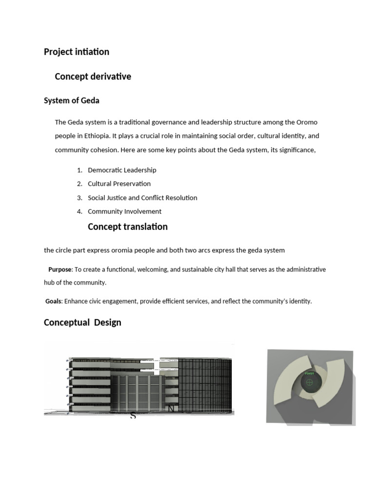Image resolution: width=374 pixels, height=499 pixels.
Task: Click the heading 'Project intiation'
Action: click(x=76, y=52)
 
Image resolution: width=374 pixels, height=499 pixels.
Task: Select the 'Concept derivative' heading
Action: click(x=93, y=77)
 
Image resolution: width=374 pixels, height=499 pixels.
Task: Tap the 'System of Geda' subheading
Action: click(x=72, y=101)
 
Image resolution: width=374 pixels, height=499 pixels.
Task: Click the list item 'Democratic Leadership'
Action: click(x=122, y=170)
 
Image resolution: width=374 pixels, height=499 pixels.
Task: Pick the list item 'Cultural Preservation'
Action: click(x=119, y=184)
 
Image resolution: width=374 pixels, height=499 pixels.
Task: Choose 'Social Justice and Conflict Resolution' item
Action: click(x=142, y=198)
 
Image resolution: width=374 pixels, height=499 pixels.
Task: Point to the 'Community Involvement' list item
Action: click(x=124, y=211)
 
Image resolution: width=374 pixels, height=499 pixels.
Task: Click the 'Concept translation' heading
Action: click(x=127, y=227)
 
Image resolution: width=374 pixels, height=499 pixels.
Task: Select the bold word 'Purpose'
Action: click(x=59, y=269)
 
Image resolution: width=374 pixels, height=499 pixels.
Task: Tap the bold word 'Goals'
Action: click(x=53, y=301)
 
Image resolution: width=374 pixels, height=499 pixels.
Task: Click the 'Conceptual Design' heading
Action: click(x=82, y=323)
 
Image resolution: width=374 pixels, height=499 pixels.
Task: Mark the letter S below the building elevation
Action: click(x=132, y=416)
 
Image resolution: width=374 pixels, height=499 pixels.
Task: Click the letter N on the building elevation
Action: click(x=171, y=408)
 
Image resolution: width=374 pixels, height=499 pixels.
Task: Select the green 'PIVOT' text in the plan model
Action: click(x=309, y=374)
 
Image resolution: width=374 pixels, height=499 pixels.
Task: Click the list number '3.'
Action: click(x=80, y=198)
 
